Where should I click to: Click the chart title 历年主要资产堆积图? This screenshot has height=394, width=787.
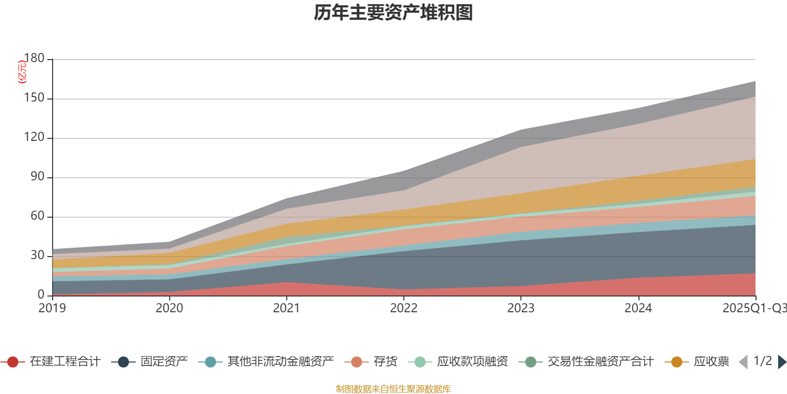(393, 13)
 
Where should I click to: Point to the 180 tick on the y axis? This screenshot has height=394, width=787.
(34, 59)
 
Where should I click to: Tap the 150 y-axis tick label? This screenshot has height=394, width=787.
(34, 98)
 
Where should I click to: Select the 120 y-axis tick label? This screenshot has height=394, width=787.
(34, 137)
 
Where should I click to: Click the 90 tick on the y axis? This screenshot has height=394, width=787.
(37, 177)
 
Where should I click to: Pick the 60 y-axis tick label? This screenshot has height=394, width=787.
(37, 216)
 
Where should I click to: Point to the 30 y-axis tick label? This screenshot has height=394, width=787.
(37, 256)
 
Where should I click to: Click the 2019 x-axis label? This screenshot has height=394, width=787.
(52, 308)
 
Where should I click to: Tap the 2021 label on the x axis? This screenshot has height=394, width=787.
(286, 308)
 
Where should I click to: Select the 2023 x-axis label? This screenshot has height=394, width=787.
(521, 308)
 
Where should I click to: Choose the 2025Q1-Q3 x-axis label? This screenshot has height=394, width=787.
(754, 308)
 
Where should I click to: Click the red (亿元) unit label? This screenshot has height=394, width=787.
(22, 72)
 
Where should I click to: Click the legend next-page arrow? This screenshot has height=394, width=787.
(782, 362)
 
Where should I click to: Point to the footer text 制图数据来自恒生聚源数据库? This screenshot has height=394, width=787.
(393, 389)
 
